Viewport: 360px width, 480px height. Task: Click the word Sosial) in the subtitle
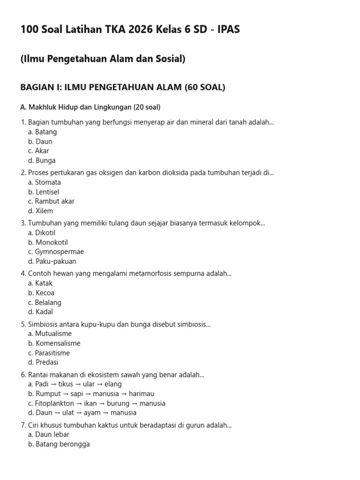click(168, 59)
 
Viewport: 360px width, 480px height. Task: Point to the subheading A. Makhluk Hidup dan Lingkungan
click(90, 107)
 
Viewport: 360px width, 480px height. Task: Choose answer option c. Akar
click(38, 151)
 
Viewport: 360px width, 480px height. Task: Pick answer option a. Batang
click(42, 132)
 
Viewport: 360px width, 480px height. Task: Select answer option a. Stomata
click(45, 182)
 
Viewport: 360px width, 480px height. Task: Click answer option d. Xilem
click(41, 211)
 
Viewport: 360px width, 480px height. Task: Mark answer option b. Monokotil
click(48, 242)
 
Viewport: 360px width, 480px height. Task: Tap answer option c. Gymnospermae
click(56, 252)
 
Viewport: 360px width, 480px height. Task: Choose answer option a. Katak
click(40, 283)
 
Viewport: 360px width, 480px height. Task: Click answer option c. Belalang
click(45, 302)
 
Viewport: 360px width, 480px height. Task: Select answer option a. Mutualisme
click(50, 334)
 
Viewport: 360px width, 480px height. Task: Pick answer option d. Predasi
click(43, 362)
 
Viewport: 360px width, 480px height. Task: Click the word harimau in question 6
click(142, 394)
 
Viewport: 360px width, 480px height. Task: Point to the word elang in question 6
click(113, 384)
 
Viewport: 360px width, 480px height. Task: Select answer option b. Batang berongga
click(59, 444)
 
